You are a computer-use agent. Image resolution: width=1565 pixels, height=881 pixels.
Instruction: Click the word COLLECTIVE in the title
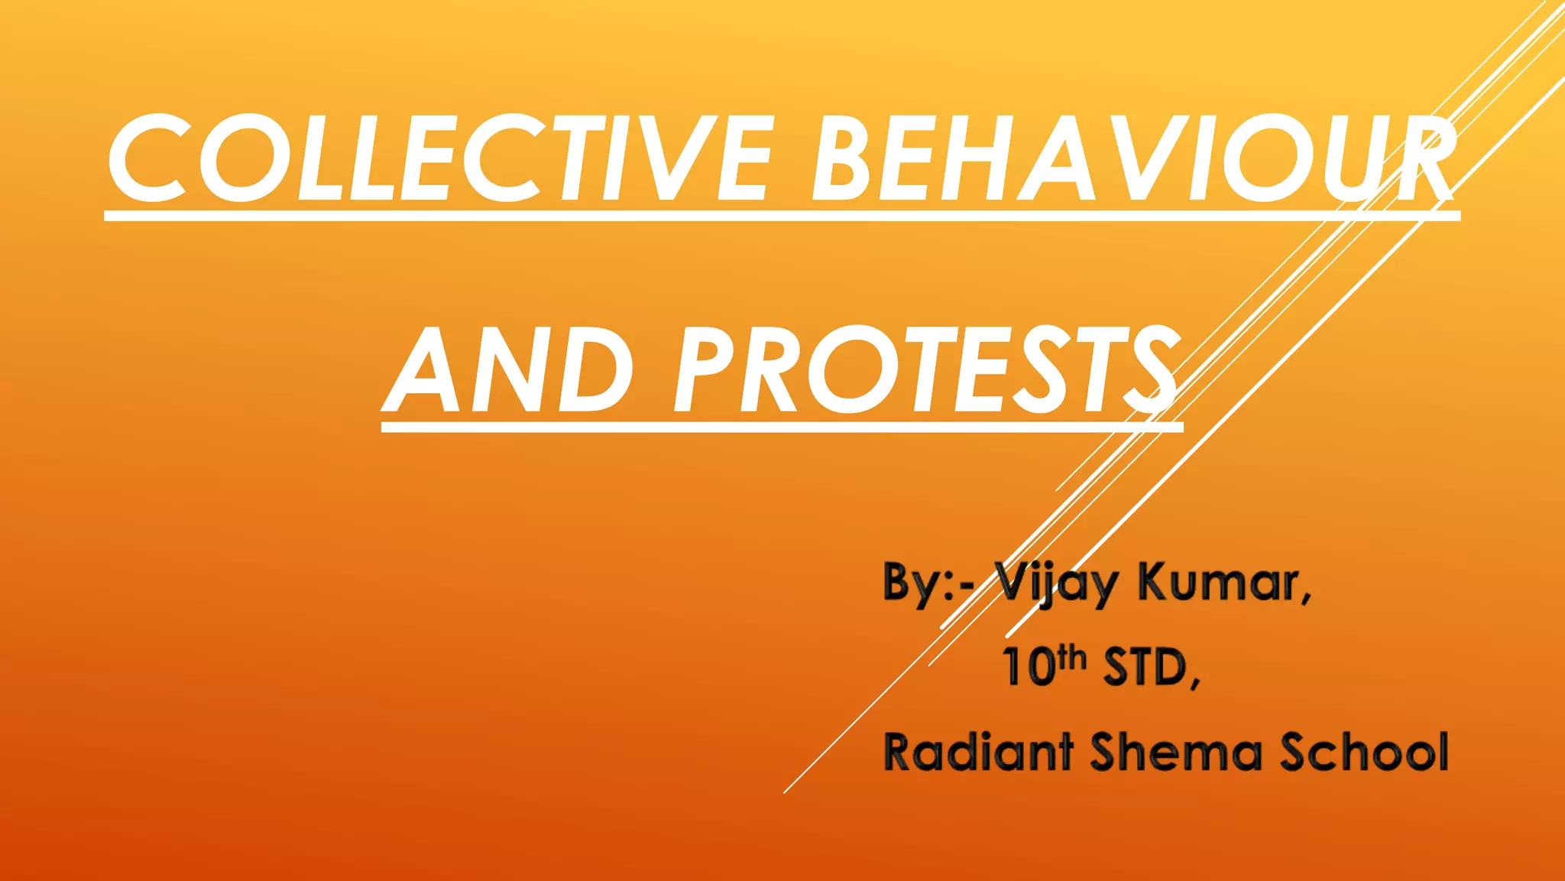pyautogui.click(x=439, y=159)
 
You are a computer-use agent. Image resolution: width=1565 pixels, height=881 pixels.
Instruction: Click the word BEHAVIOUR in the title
pyautogui.click(x=1131, y=159)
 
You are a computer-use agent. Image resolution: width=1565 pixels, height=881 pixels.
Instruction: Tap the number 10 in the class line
pyautogui.click(x=1029, y=668)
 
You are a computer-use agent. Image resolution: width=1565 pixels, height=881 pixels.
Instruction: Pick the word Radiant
pyautogui.click(x=977, y=752)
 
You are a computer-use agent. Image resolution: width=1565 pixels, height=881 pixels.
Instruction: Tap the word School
pyautogui.click(x=1364, y=752)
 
